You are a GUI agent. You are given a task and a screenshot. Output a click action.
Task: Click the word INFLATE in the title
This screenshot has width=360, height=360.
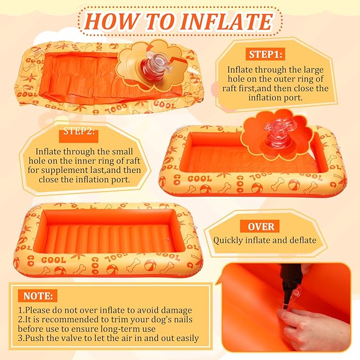tap(226, 22)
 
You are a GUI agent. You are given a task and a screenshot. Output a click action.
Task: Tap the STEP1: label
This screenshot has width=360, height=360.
tap(266, 55)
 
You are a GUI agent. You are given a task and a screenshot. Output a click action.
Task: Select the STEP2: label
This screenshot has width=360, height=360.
tap(79, 131)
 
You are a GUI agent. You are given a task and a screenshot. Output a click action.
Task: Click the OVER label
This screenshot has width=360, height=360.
tap(261, 226)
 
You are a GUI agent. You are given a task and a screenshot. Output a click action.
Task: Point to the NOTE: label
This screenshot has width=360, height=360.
tap(38, 296)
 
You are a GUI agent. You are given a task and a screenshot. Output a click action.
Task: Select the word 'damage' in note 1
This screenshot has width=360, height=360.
tap(177, 310)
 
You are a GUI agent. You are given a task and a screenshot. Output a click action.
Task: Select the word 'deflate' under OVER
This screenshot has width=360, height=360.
tap(303, 240)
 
